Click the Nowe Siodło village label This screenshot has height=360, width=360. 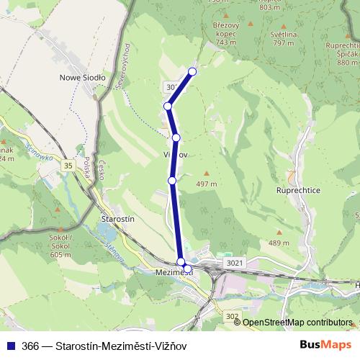pos(82,76)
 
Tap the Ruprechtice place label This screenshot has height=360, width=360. pos(297,191)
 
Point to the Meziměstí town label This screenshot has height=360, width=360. pos(173,273)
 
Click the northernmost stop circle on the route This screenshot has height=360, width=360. pos(192,71)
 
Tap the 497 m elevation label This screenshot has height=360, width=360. pos(207,183)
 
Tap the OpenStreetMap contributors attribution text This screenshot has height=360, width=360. pos(297,323)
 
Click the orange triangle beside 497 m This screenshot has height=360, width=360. pos(207,173)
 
